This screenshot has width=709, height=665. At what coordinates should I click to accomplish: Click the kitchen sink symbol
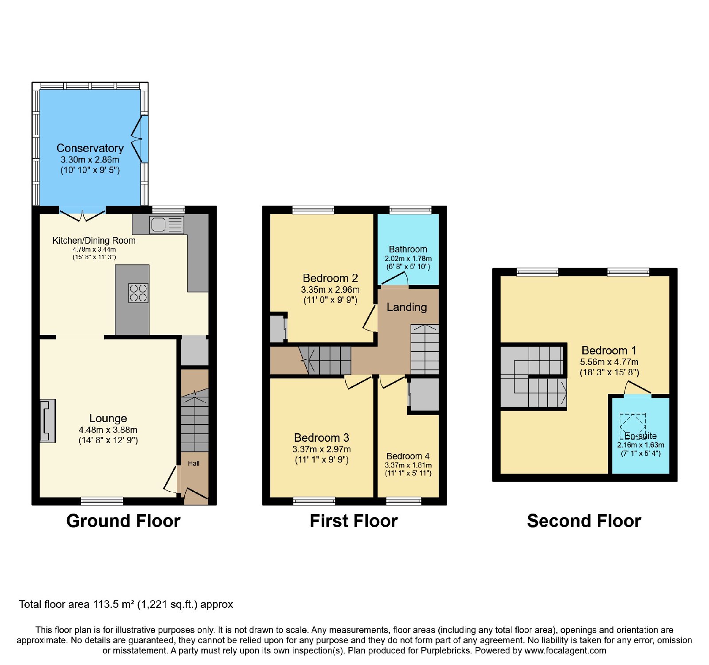pos(167,225)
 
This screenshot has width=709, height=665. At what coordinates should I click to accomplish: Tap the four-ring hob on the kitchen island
pos(138,293)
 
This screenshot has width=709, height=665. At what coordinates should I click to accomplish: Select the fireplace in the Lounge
pos(48,421)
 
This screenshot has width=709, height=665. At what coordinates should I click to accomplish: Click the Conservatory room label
pos(90,148)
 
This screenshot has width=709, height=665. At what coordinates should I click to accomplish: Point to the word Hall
pos(194,463)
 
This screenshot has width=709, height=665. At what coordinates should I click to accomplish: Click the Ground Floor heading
pos(123,521)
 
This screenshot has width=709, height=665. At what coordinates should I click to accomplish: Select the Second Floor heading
pos(584,521)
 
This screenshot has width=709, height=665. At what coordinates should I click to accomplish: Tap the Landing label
pos(407,307)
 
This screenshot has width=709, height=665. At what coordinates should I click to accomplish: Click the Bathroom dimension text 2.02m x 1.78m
pos(408,258)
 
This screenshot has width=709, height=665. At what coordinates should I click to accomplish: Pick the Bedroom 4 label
pos(408,456)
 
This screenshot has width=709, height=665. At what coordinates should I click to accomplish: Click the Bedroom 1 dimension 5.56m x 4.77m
pos(609,362)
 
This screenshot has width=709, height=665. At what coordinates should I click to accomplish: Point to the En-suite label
pos(641,436)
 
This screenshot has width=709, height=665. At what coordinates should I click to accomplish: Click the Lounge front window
pos(102,501)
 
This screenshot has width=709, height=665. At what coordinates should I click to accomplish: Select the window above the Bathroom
pos(410,210)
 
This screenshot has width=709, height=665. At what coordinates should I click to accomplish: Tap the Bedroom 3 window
pos(314,501)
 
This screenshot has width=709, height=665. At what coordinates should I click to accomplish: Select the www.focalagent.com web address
pos(565,651)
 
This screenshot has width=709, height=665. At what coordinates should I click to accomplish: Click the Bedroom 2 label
pos(330,278)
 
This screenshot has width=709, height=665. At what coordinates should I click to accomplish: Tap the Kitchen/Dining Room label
pos(94,241)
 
